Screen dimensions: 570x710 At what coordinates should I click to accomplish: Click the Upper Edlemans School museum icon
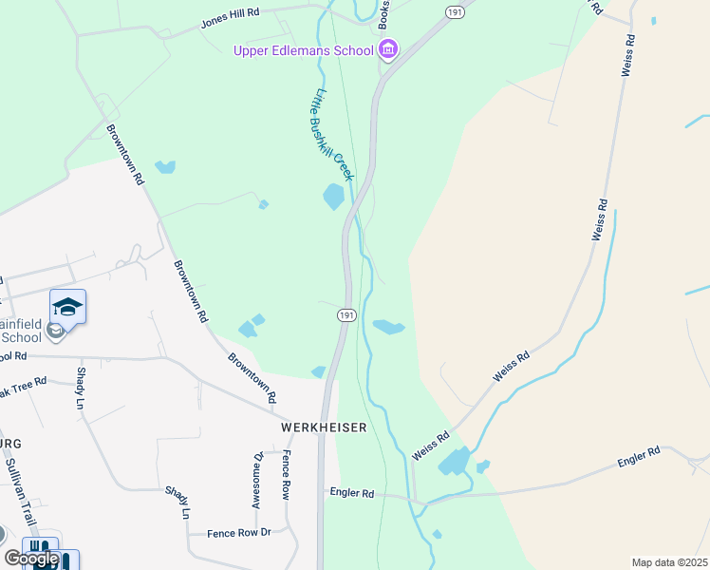click(387, 48)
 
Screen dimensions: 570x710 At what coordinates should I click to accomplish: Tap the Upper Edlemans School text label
click(304, 49)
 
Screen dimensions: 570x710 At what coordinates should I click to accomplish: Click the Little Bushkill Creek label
click(333, 135)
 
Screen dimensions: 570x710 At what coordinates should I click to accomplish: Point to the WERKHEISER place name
click(324, 428)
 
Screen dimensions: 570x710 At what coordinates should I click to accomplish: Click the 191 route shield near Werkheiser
click(346, 315)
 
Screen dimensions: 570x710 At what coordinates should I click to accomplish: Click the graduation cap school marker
click(67, 307)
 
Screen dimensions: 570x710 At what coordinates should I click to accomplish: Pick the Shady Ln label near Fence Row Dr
click(177, 502)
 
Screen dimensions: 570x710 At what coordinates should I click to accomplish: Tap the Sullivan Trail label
click(20, 490)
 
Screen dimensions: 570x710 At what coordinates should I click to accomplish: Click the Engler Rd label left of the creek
click(352, 494)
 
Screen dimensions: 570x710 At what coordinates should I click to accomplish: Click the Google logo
click(31, 559)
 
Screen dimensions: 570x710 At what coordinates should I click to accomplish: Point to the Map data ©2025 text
click(668, 562)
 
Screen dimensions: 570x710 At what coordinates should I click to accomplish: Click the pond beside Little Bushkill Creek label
click(333, 197)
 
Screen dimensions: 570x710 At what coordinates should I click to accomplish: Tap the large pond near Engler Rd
click(455, 462)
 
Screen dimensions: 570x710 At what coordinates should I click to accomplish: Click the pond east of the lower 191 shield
click(388, 328)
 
